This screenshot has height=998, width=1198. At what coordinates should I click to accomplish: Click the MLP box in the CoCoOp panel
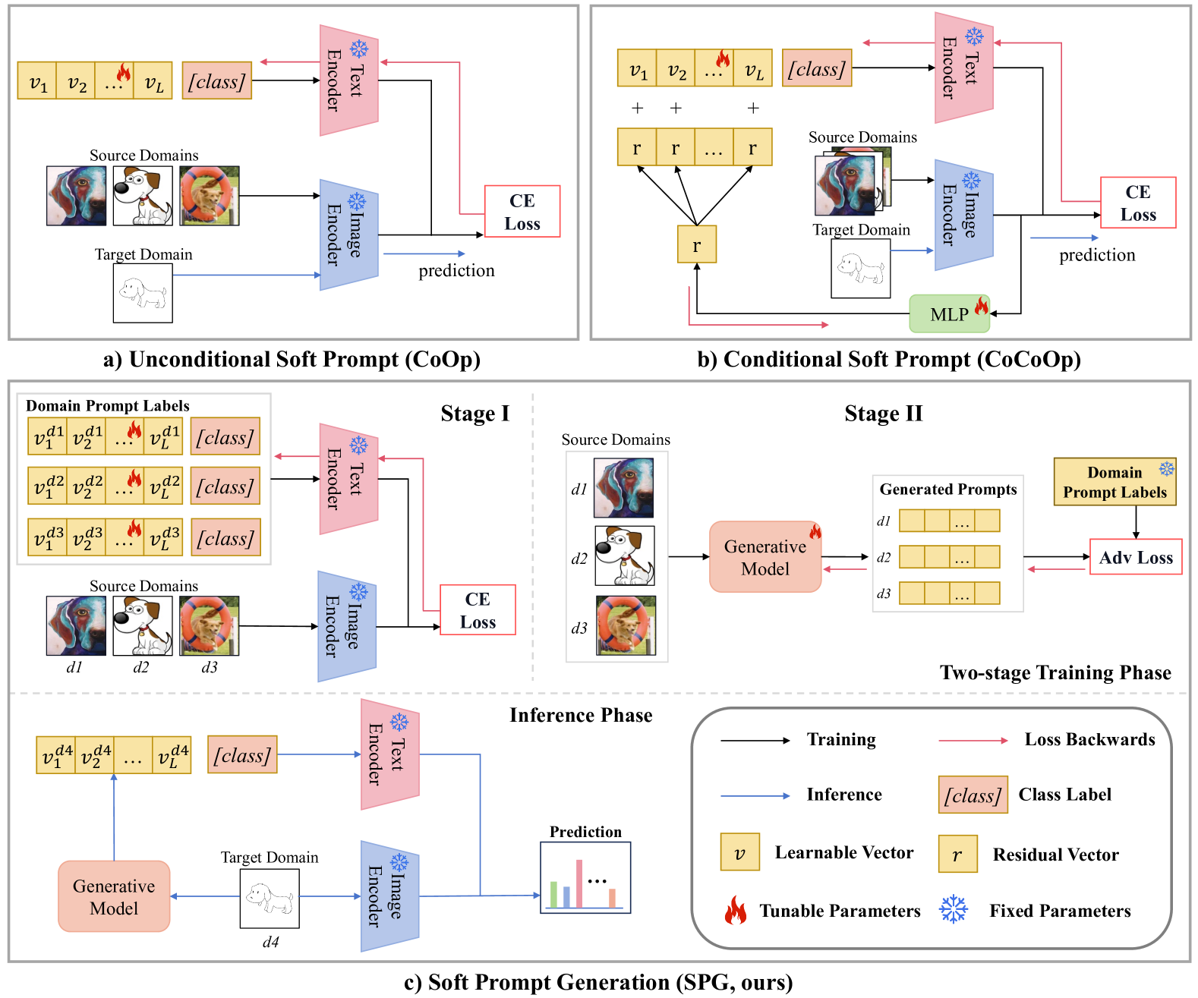tap(949, 314)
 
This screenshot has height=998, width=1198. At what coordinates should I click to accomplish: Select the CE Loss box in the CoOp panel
tap(522, 212)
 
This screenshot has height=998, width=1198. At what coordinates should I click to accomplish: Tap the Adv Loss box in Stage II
tap(1136, 557)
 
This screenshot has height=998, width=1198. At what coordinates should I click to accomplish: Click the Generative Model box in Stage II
tap(765, 557)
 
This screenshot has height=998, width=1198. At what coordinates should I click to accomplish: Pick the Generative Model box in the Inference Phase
tap(114, 896)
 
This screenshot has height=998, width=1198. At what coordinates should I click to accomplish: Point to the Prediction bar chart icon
tap(585, 878)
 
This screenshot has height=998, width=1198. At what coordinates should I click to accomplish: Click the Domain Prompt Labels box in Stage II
tap(1114, 482)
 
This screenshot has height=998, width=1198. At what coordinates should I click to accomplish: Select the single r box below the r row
tap(696, 244)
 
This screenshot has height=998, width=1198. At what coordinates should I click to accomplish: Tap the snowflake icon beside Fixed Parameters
tap(954, 909)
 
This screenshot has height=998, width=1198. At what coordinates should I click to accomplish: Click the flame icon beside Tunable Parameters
tap(735, 909)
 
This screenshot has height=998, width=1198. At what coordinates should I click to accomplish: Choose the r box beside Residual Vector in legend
tap(957, 854)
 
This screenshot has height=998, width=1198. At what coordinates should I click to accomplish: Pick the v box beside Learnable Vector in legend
tap(739, 852)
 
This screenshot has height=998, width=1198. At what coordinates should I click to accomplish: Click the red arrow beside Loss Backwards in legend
tap(973, 740)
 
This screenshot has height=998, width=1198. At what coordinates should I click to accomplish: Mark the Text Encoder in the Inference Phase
tap(390, 754)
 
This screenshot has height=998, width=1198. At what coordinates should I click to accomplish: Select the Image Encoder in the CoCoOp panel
tap(963, 215)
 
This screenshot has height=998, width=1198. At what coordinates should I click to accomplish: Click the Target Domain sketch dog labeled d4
tap(270, 899)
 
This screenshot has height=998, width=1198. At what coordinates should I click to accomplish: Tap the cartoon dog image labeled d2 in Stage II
tap(624, 556)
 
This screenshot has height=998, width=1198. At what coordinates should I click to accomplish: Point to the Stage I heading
tap(474, 414)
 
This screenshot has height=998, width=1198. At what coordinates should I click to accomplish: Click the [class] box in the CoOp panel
tap(217, 81)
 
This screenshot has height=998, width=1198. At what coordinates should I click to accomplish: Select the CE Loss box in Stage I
tap(478, 610)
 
